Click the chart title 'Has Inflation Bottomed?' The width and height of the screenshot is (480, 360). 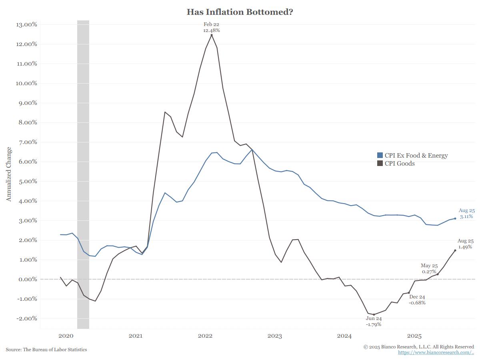[x=240, y=12]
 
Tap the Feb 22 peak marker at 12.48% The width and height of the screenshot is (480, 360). [x=212, y=35]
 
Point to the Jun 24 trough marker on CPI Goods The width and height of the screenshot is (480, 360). [x=374, y=314]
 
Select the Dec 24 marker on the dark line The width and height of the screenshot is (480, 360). [x=409, y=293]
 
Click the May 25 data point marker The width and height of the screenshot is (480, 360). [x=438, y=274]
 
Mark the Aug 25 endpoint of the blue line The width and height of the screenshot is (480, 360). [x=455, y=218]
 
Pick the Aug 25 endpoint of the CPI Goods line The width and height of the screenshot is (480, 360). [x=455, y=250]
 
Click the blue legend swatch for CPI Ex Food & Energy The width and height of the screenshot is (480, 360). [x=380, y=155]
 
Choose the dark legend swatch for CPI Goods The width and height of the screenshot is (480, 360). [x=380, y=163]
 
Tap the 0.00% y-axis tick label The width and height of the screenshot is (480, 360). [x=27, y=279]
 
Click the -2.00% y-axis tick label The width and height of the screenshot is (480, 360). [x=26, y=318]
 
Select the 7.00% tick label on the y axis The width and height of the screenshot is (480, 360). [x=27, y=142]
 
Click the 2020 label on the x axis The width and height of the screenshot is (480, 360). [x=66, y=336]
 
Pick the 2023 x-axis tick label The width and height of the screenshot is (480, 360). [x=275, y=336]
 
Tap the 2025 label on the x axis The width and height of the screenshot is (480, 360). [x=414, y=336]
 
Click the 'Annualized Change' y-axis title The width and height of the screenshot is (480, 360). [x=9, y=174]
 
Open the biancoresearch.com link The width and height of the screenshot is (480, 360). [x=436, y=352]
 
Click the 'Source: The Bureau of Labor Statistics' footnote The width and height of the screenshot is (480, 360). [x=46, y=350]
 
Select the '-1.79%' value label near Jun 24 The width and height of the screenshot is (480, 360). [x=374, y=324]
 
